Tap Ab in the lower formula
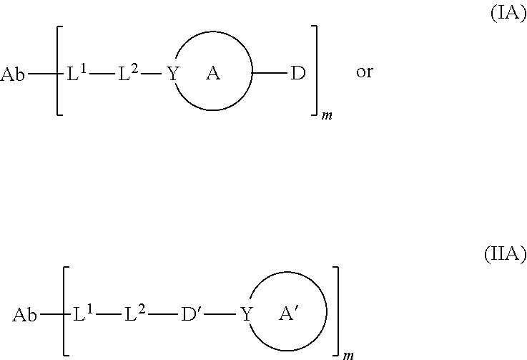coord(25,314)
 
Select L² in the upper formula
coord(129,72)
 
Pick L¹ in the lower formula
coord(84,313)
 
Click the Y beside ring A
coord(172,74)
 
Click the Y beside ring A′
coord(247,314)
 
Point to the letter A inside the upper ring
coord(212,74)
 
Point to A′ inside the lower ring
coord(290,313)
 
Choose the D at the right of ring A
coord(297,74)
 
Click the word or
coord(364,74)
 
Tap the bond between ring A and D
coord(269,74)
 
